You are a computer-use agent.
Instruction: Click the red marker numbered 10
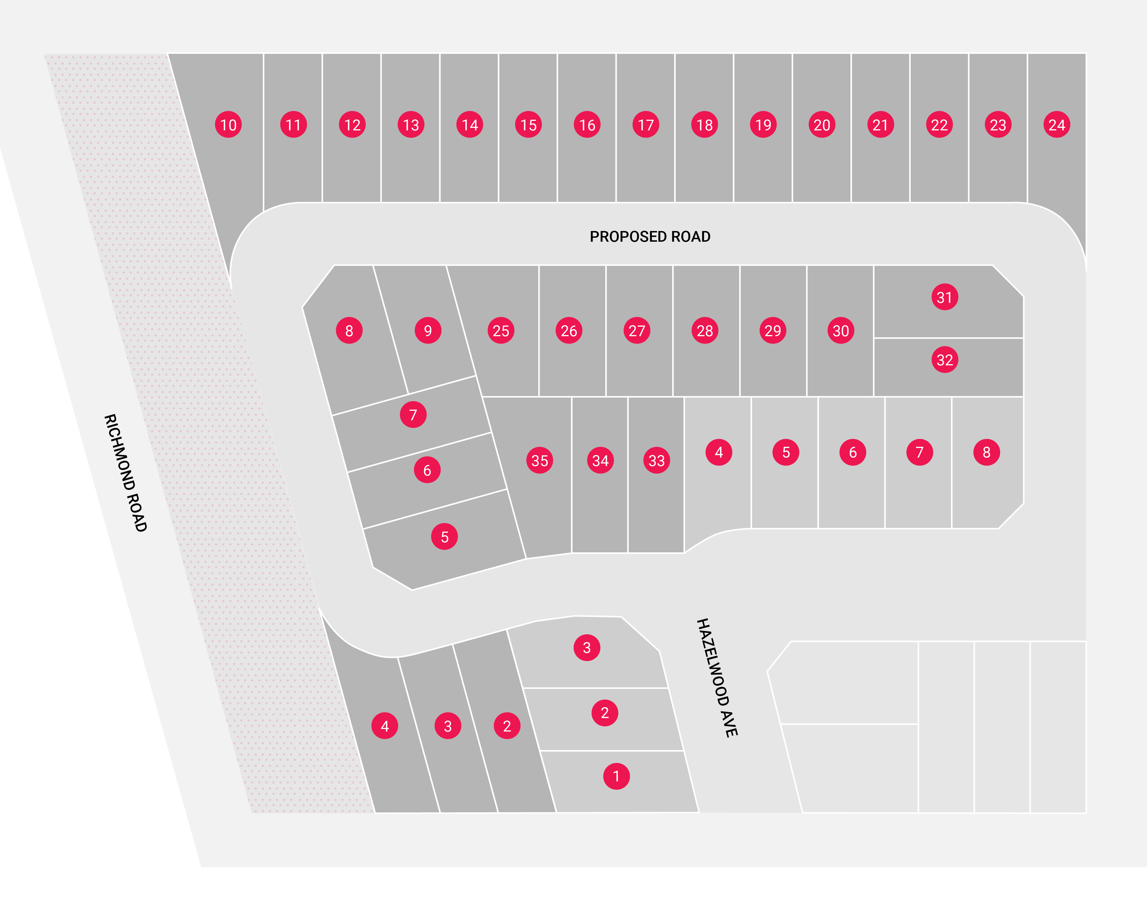click(228, 125)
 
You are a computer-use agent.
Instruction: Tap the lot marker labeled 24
click(1057, 125)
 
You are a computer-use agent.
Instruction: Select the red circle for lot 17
click(646, 125)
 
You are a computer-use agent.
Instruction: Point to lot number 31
click(944, 297)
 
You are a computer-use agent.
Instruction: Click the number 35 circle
click(540, 460)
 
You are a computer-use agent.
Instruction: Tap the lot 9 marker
click(427, 331)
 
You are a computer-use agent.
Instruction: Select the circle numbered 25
click(500, 331)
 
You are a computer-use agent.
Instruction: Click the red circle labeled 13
click(411, 125)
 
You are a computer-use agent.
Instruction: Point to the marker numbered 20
click(822, 125)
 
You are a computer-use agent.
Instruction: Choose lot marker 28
click(705, 331)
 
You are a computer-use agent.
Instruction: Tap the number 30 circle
click(840, 331)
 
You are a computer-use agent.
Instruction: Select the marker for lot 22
click(939, 125)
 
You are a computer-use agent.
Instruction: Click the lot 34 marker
click(600, 460)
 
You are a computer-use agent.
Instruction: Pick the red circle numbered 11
click(293, 125)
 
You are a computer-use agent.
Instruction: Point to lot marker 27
click(637, 331)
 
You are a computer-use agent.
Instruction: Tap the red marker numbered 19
click(763, 125)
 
